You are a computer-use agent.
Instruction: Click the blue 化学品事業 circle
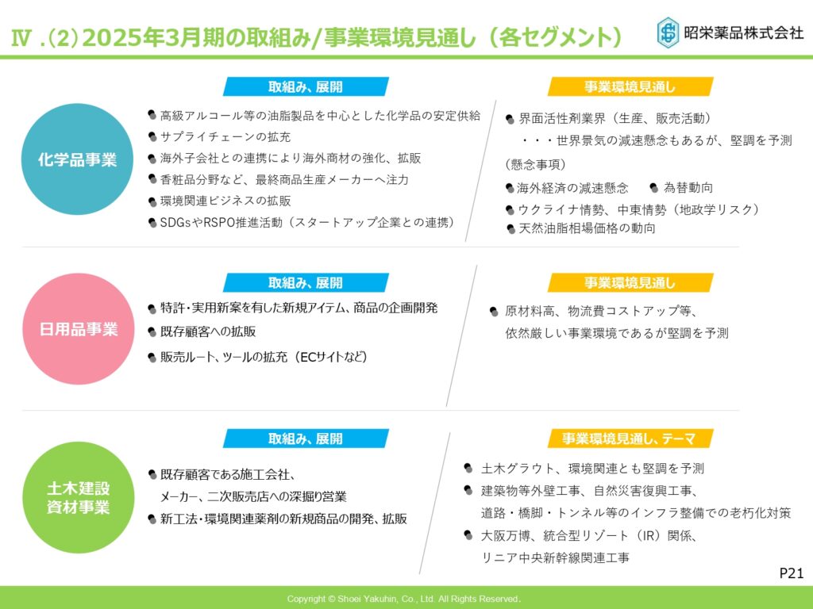pos(77,159)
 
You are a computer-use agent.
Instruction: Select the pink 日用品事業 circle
pos(79,329)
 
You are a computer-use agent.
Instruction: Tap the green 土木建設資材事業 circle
pos(79,497)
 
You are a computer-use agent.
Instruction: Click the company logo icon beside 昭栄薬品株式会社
pos(668,33)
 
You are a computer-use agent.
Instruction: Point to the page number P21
pos(792,573)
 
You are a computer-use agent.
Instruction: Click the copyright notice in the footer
pos(403,599)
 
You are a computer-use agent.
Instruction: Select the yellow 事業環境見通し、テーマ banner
pos(630,439)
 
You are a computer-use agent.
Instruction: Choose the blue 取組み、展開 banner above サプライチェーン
pos(306,86)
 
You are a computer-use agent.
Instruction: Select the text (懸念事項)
pos(535,165)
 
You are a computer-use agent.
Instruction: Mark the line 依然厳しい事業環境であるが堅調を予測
pos(617,333)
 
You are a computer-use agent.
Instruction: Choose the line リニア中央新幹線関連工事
pos(555,557)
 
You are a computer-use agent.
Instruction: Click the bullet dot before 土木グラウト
pos(468,468)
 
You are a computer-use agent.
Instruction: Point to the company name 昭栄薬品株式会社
pos(743,33)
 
